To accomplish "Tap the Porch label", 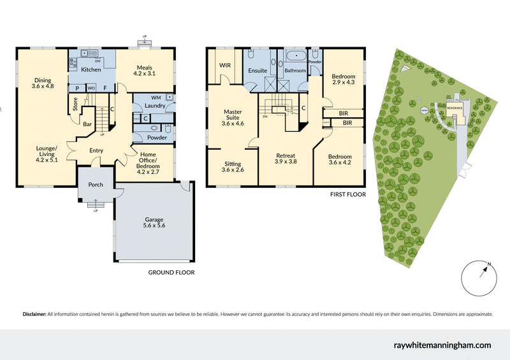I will coord(96,185).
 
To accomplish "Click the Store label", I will coord(75,104).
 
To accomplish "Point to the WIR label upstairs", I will coord(225,65).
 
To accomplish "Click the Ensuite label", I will coord(258,71).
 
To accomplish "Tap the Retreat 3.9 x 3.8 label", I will coord(285,159).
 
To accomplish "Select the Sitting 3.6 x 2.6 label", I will coord(232,167).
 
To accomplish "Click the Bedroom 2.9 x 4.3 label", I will coord(344,80).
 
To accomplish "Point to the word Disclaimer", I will coord(34,314).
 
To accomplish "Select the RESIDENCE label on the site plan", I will coord(454,108).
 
